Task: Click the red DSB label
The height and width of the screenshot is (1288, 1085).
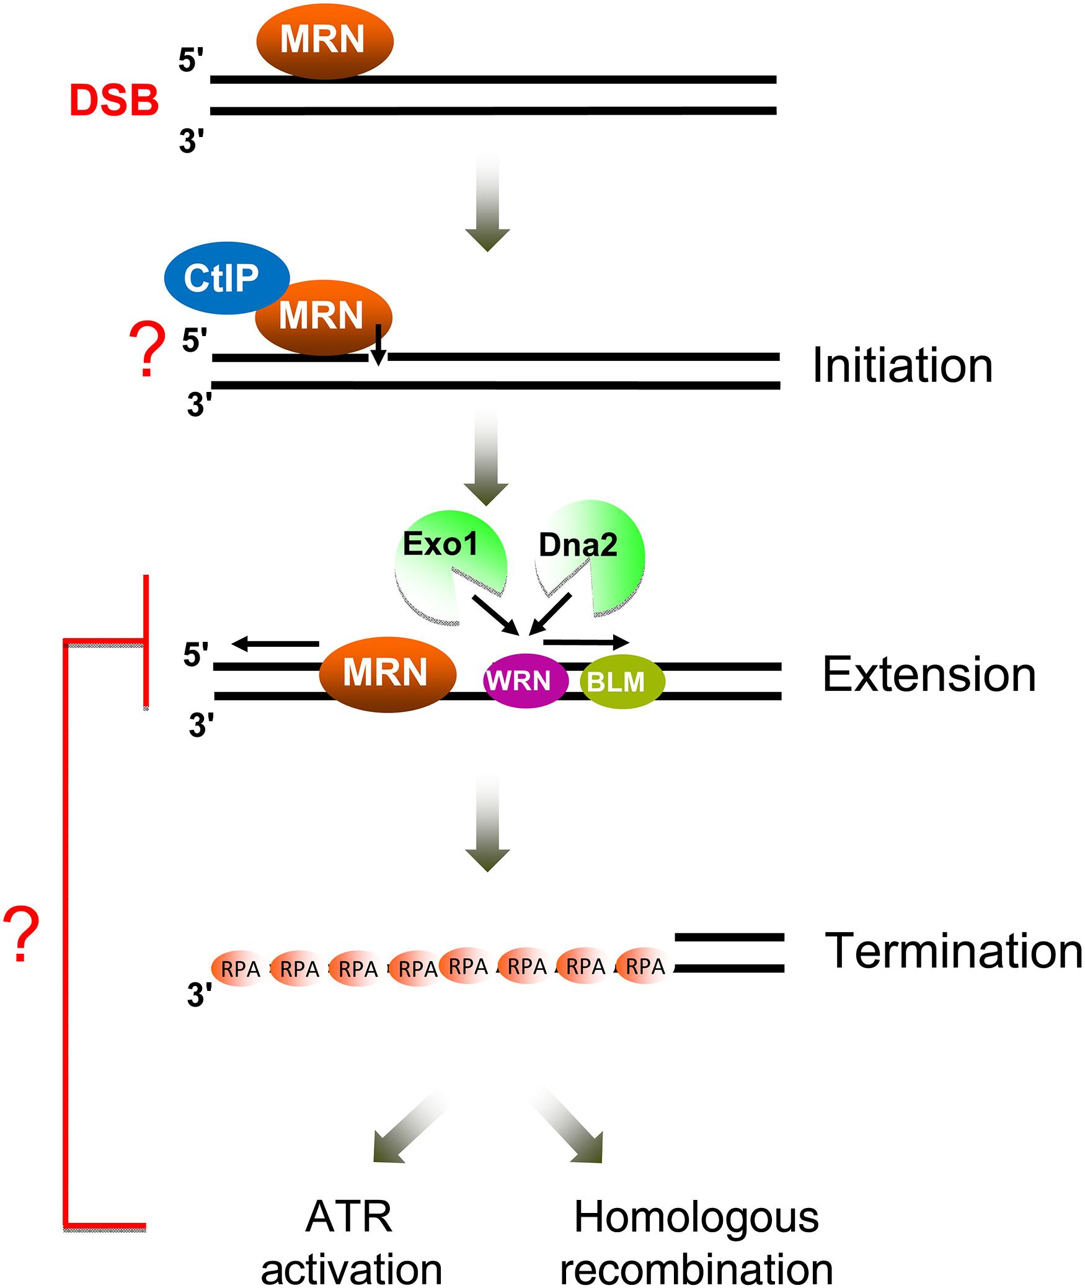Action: [114, 101]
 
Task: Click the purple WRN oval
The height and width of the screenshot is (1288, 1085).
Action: [525, 682]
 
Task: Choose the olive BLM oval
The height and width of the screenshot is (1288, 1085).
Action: [622, 682]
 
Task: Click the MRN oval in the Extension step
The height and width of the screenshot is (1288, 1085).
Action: [387, 673]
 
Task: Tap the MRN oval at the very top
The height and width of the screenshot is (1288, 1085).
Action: [324, 42]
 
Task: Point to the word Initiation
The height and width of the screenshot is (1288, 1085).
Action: [902, 366]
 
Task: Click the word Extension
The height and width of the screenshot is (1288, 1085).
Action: [929, 675]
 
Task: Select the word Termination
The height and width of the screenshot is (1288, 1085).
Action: [954, 951]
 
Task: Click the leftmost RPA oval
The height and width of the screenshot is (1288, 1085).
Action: [239, 969]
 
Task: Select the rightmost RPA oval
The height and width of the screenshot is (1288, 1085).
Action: [645, 966]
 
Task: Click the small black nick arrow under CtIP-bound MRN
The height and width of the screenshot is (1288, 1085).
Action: [378, 346]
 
